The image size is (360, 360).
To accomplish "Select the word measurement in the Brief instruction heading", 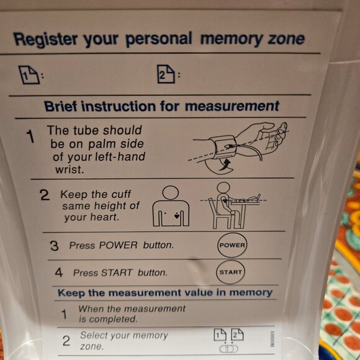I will [232, 106].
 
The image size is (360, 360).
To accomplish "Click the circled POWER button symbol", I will [232, 245].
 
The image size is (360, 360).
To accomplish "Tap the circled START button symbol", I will [230, 272].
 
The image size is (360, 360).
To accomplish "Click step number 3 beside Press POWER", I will [54, 246].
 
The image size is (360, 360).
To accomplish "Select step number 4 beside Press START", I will [58, 272].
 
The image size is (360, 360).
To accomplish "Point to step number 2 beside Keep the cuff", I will [44, 195].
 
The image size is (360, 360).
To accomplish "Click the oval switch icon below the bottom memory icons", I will [228, 349].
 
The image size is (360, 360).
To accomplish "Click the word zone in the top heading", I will [286, 39].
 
